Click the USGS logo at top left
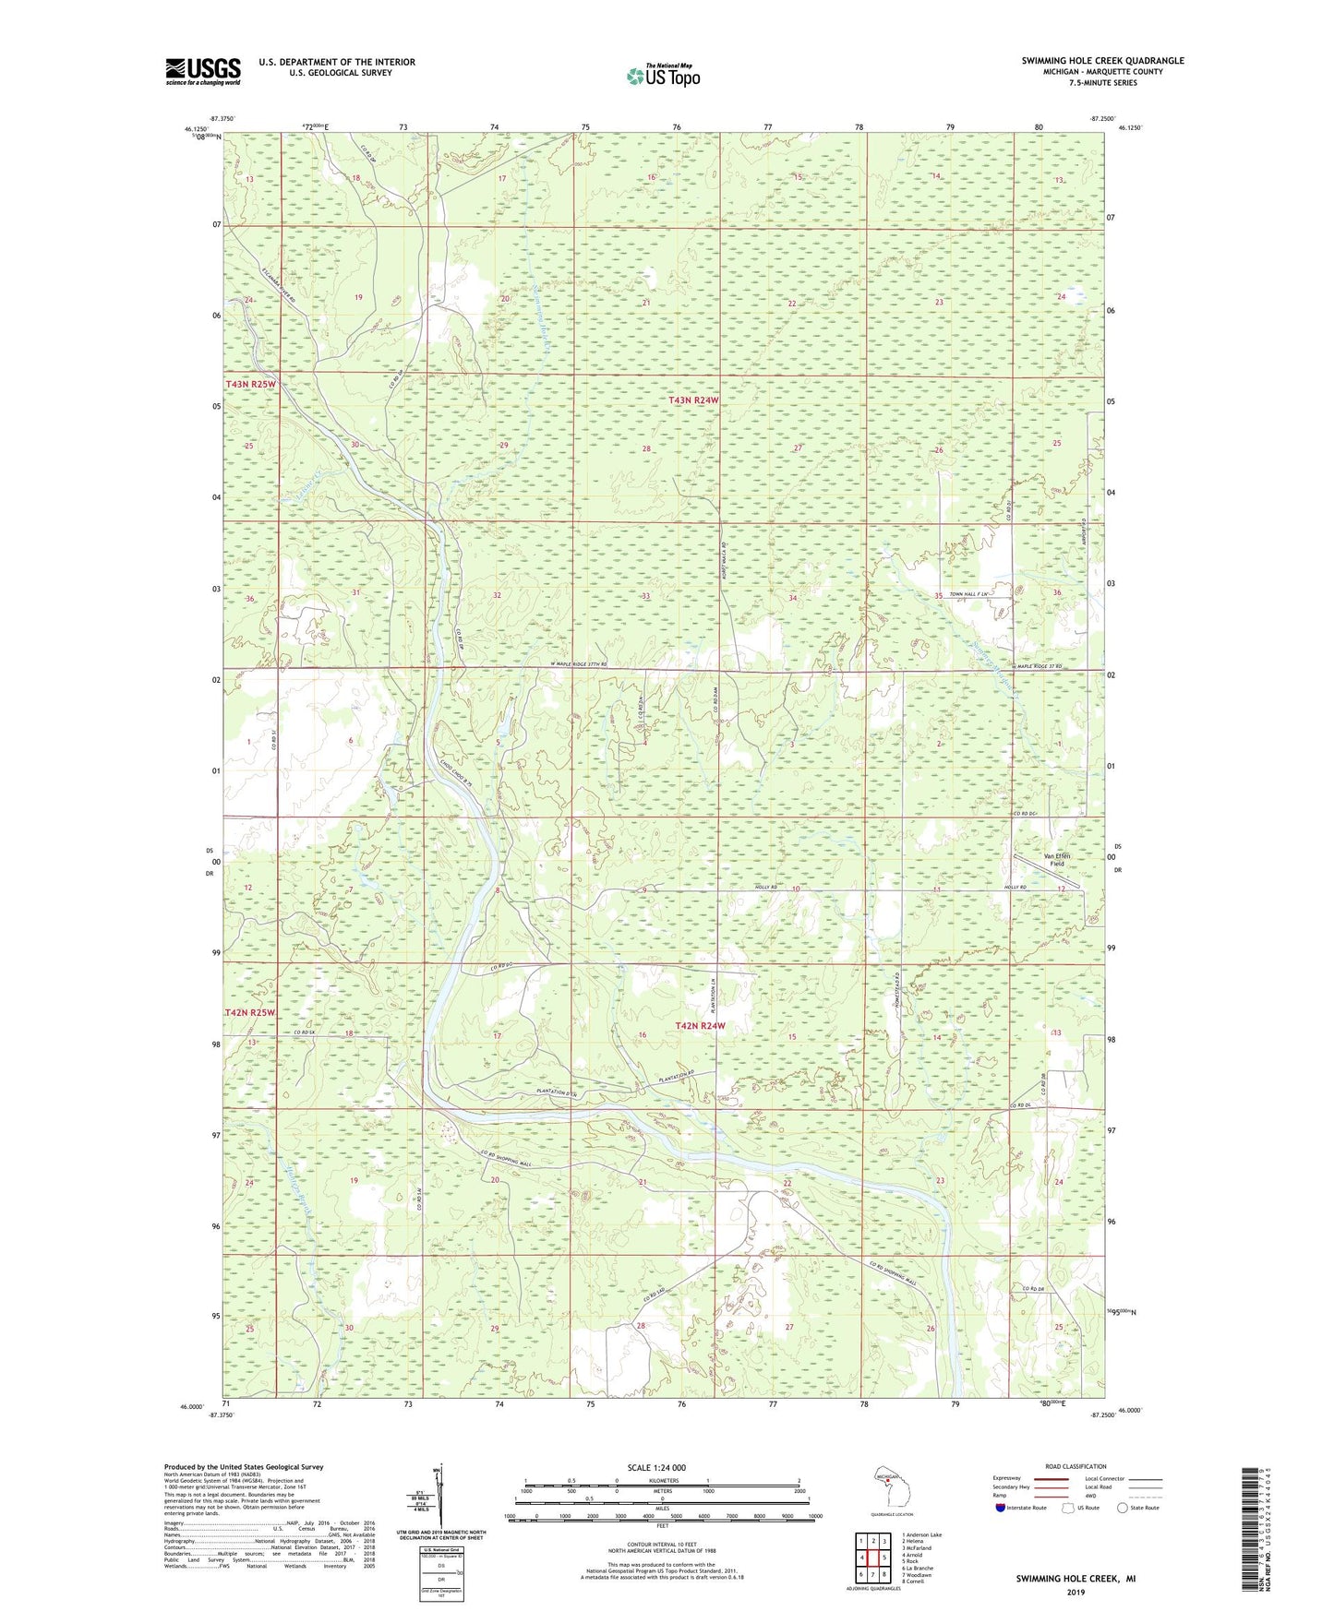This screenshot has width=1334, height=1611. [x=202, y=71]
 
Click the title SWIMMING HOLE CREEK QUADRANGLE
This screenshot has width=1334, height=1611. [x=1102, y=61]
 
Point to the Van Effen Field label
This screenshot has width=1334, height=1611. [x=1056, y=860]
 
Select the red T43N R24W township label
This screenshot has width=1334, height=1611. [x=693, y=400]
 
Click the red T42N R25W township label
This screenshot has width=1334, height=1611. [x=251, y=1013]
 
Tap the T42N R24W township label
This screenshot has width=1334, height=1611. [x=700, y=1026]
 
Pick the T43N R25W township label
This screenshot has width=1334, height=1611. [x=251, y=384]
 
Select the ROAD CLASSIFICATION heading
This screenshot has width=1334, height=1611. [x=1076, y=1466]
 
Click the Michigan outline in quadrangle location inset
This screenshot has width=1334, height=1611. [x=890, y=1482]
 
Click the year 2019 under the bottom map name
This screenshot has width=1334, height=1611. [x=1076, y=1593]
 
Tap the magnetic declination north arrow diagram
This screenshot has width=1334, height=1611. [x=440, y=1496]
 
